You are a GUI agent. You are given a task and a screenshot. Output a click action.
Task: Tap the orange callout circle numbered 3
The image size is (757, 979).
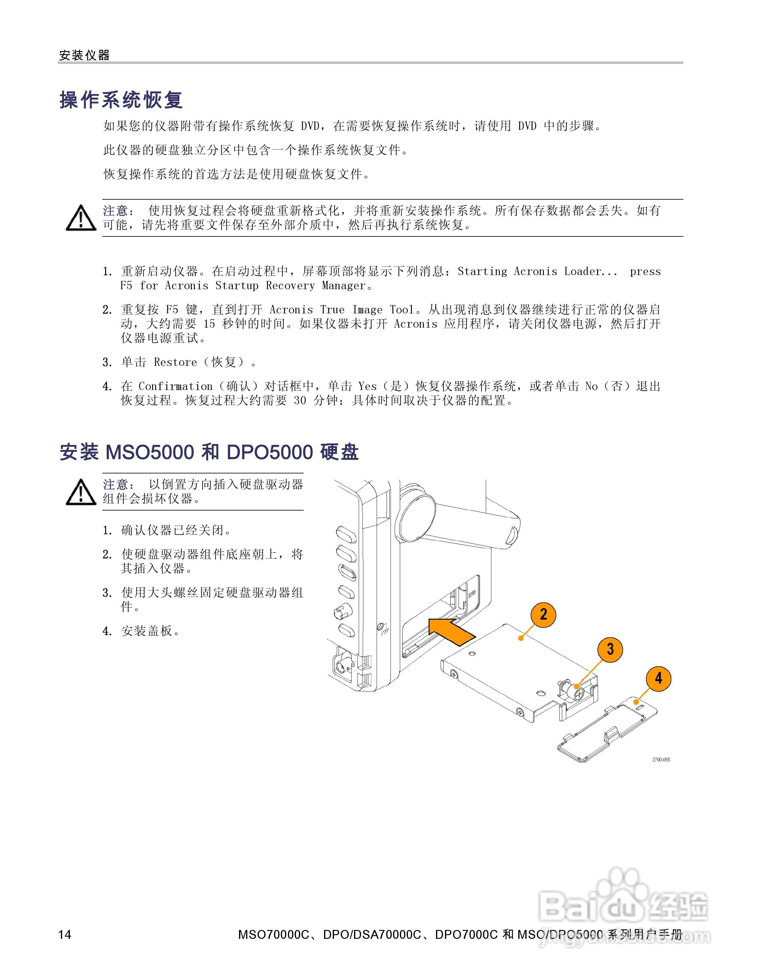click(610, 649)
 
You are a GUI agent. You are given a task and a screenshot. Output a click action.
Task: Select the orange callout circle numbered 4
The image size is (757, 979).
click(658, 678)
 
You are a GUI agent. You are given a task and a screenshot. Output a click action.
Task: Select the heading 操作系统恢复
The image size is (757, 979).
click(121, 100)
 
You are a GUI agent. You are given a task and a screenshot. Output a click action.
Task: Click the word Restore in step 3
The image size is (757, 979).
click(175, 362)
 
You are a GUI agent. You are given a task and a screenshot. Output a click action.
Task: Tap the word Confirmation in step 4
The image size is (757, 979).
click(175, 386)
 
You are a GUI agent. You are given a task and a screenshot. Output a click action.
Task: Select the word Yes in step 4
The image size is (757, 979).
click(367, 386)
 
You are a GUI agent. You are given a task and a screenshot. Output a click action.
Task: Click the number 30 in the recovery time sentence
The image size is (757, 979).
click(300, 400)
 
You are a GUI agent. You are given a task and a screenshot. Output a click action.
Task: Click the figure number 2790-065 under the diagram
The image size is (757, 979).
click(661, 759)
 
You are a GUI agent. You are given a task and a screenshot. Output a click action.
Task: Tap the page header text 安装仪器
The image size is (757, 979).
click(84, 55)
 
